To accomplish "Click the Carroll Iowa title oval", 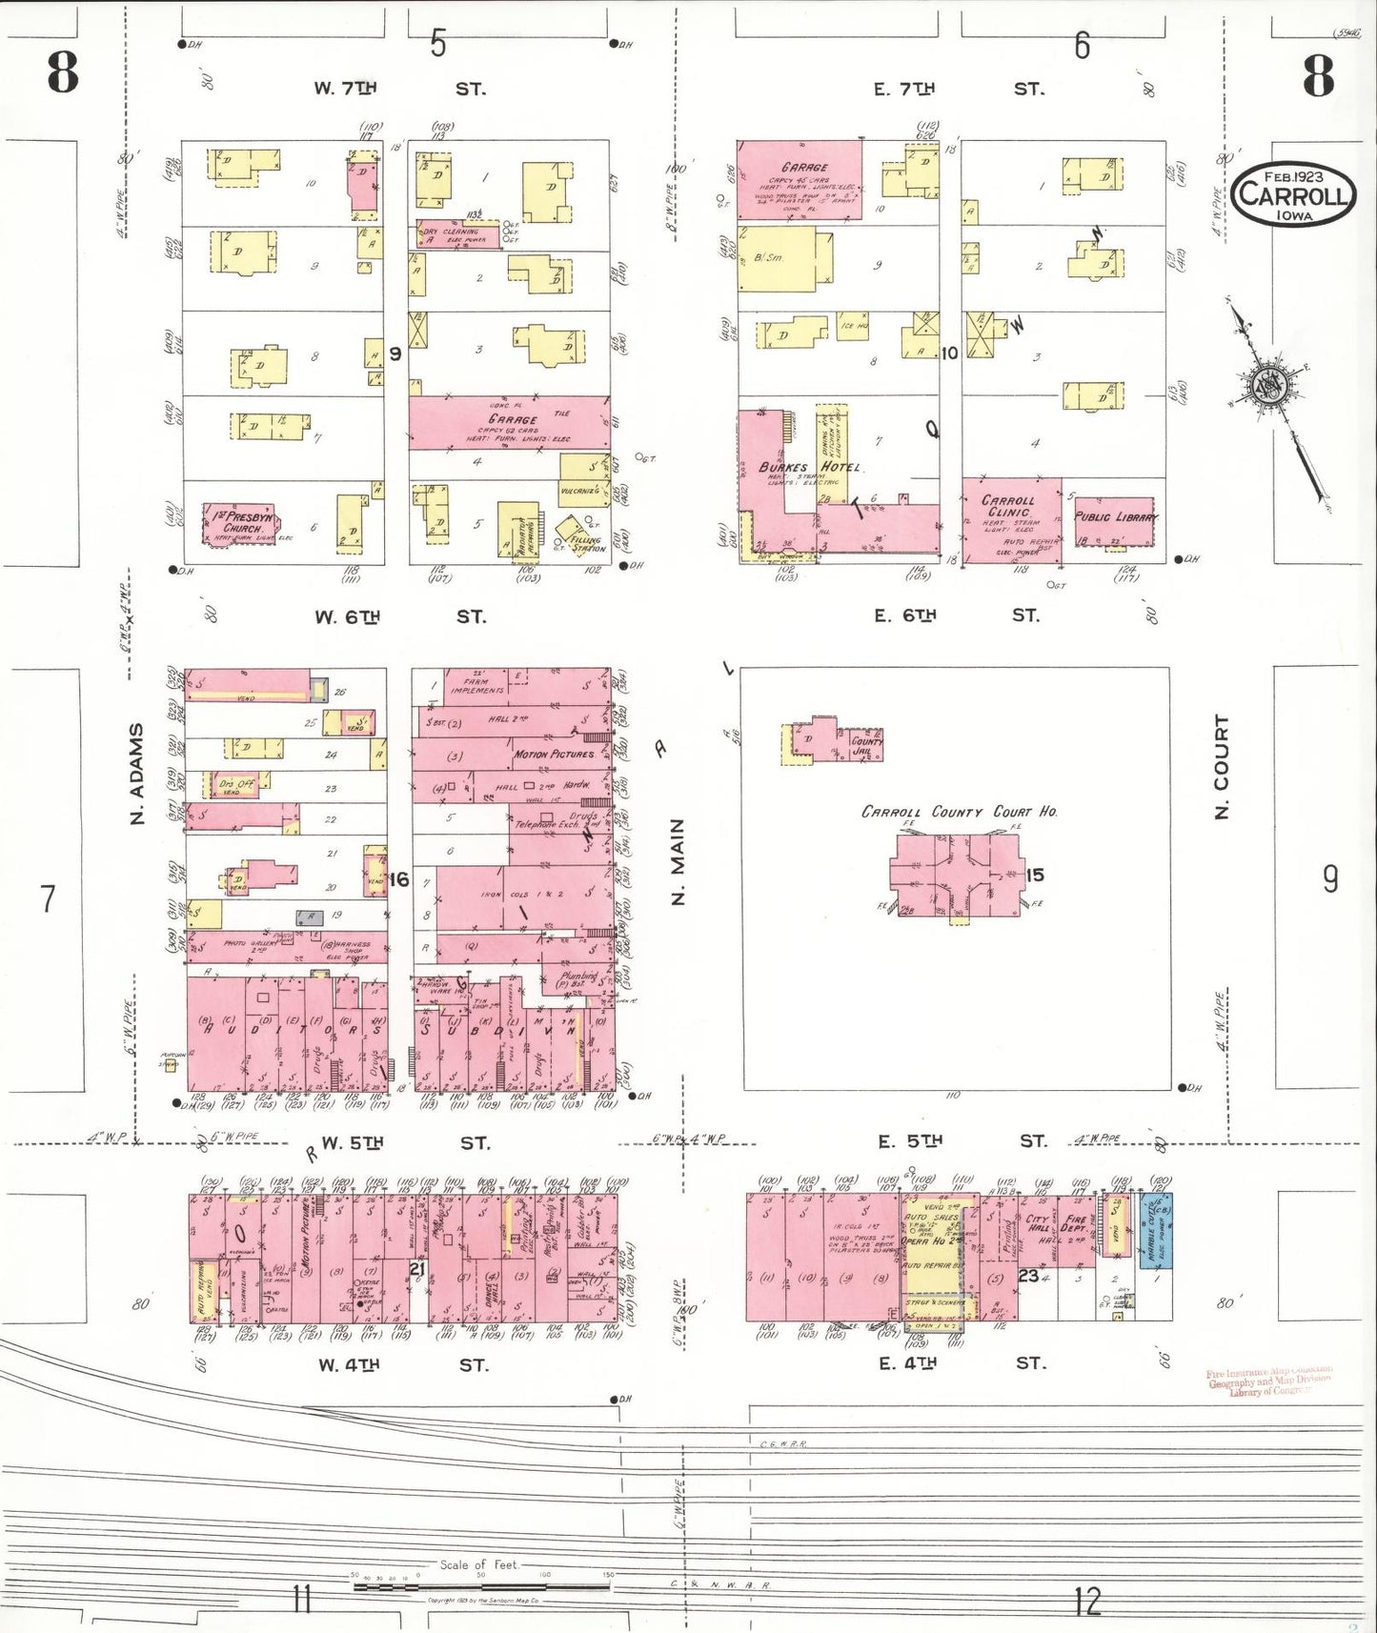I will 1293,194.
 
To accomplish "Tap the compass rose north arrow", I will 1275,384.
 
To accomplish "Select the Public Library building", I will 1114,522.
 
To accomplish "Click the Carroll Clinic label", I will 1007,506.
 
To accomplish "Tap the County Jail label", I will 866,745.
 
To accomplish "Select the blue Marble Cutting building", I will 1157,1229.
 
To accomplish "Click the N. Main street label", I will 678,861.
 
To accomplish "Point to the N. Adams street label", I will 137,773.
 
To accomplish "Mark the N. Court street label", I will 1222,766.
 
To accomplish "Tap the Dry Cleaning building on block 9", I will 456,234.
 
